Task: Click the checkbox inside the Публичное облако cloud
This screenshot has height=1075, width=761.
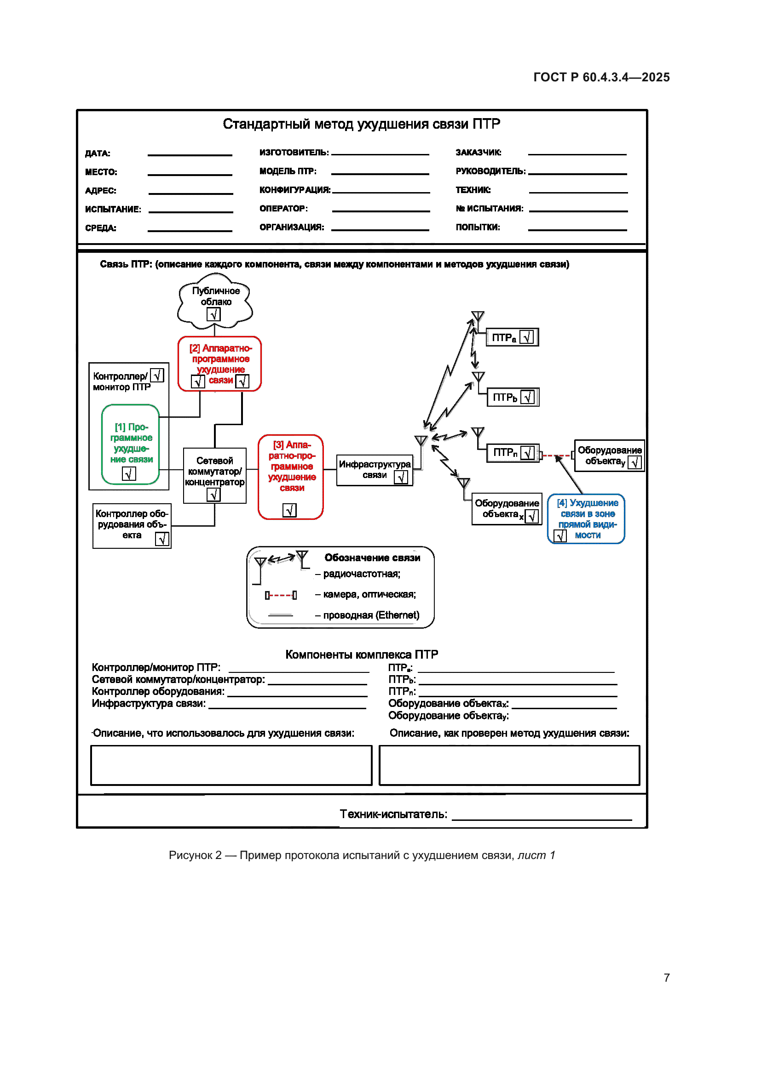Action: point(213,315)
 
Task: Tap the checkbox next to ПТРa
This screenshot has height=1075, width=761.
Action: point(527,337)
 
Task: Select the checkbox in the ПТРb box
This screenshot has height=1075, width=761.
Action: point(528,397)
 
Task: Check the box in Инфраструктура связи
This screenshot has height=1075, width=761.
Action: point(401,477)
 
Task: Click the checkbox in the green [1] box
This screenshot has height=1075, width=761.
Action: point(129,474)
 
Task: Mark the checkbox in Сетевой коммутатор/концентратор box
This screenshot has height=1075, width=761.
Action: point(213,495)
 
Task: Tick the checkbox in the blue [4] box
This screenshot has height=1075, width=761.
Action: point(560,535)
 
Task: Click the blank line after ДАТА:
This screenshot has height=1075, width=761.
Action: point(190,154)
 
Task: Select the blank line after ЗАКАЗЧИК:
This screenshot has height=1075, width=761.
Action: point(577,154)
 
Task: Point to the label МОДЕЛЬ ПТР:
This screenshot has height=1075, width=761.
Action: point(288,171)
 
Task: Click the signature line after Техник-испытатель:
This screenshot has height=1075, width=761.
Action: point(542,819)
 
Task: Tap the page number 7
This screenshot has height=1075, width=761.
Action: point(666,978)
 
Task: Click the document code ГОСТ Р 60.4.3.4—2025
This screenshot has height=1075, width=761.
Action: point(601,77)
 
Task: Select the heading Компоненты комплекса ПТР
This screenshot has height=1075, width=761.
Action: point(361,654)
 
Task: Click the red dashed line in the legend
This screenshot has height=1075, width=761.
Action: point(281,595)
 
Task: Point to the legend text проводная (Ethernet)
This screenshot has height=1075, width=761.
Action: point(371,615)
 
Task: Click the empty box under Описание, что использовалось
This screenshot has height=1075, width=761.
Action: point(231,765)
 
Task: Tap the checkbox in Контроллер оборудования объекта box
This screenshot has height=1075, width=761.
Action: point(162,540)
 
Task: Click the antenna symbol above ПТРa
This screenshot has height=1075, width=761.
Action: point(478,317)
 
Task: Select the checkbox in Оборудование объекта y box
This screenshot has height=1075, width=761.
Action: point(635,463)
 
